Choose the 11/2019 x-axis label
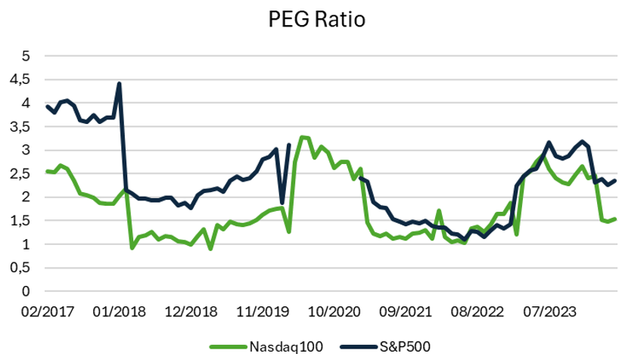pos(260,311)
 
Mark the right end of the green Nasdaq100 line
pos(616,219)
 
